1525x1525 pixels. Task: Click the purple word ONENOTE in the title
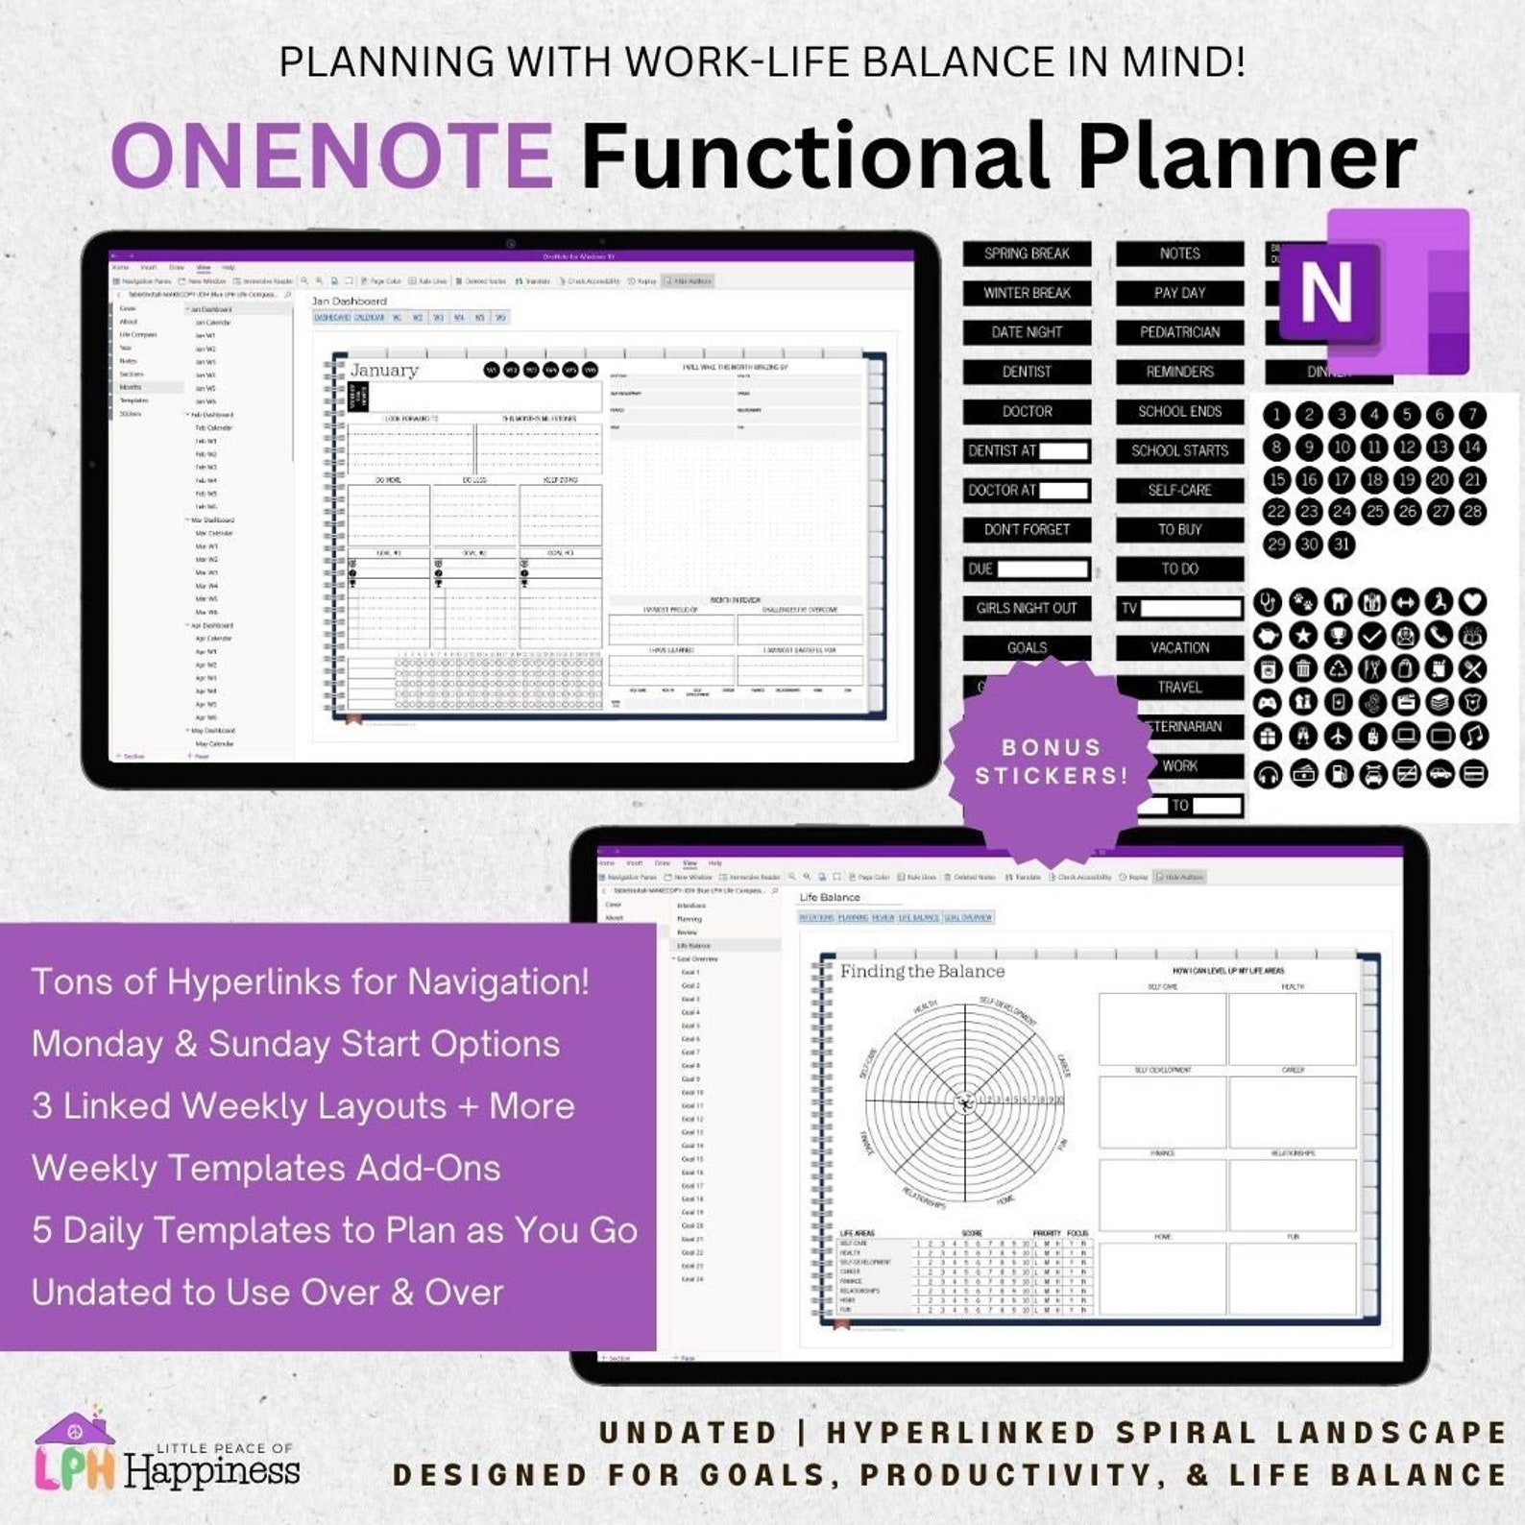[x=331, y=156]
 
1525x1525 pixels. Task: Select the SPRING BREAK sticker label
[x=1027, y=254]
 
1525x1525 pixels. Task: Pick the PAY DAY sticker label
[x=1179, y=293]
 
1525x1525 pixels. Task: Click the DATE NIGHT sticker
[x=1027, y=332]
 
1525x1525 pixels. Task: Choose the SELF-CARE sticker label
[x=1179, y=490]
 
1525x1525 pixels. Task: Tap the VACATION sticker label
[x=1179, y=647]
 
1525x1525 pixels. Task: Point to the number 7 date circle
[x=1472, y=415]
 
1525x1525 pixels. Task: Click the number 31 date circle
[x=1342, y=545]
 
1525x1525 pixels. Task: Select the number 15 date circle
[x=1276, y=479]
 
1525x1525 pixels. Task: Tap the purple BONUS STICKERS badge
[x=1051, y=762]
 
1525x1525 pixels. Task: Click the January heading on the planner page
[x=384, y=371]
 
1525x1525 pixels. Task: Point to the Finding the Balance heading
[x=922, y=971]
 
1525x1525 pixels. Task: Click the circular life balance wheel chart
[x=965, y=1102]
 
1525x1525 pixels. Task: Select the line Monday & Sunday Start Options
[x=296, y=1044]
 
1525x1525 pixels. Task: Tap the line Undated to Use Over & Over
[x=267, y=1293]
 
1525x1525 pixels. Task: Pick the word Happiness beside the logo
[x=212, y=1471]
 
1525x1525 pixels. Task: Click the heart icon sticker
[x=1472, y=602]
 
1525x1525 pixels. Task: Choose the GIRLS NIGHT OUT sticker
[x=1027, y=608]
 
